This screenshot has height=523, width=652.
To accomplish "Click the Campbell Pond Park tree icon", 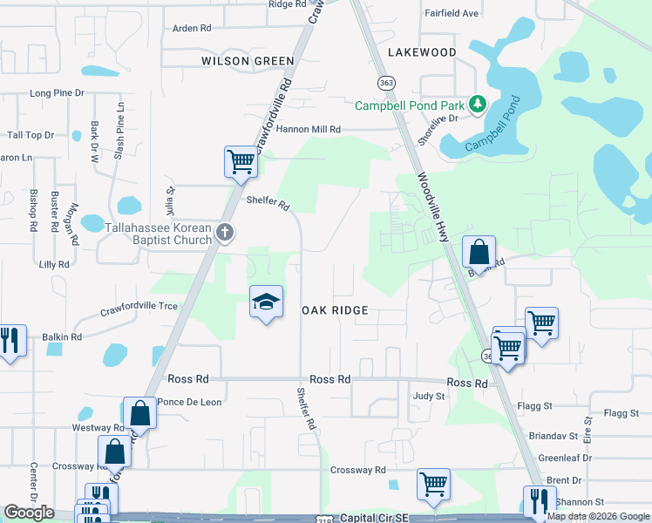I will [477, 105].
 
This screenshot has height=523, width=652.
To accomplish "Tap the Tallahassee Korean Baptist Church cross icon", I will [225, 232].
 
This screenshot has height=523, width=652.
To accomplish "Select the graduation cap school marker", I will [267, 302].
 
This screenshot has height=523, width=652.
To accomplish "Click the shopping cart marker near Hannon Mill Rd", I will [241, 160].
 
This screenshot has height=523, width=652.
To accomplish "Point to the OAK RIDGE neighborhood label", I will [335, 310].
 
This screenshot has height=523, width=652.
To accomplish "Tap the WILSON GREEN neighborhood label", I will [248, 61].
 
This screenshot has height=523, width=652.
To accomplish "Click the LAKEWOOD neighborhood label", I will [422, 52].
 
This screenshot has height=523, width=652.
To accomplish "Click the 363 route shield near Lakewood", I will [384, 82].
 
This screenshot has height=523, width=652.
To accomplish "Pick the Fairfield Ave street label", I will [452, 13].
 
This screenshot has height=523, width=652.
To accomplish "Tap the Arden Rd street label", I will [192, 28].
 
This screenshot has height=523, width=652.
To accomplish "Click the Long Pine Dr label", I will [57, 92].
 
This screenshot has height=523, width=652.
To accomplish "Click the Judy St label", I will [429, 396].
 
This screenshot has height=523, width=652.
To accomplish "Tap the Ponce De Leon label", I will [190, 402].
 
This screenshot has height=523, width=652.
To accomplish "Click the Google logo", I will [29, 513].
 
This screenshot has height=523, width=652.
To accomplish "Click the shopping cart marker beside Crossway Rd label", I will [432, 484].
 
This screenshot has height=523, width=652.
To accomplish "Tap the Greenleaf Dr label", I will [565, 457].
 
